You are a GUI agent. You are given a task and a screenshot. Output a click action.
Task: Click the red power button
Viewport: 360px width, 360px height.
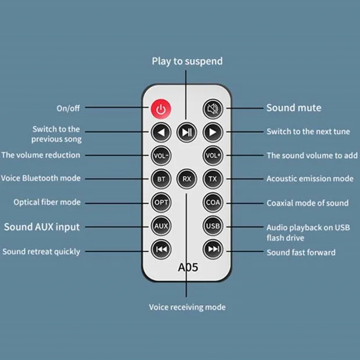coord(161,109)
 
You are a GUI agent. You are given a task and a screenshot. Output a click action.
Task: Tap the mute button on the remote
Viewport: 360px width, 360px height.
coord(213,109)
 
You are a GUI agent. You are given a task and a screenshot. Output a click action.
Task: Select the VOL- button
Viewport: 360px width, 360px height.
coord(161,156)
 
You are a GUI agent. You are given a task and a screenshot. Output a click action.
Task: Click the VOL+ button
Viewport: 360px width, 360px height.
coord(213,156)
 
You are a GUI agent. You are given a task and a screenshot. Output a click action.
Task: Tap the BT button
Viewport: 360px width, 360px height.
coord(161,179)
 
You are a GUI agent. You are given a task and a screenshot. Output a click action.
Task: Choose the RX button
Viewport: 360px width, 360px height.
coord(186,179)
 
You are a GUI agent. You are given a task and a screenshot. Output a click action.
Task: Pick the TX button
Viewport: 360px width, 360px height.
coord(213,179)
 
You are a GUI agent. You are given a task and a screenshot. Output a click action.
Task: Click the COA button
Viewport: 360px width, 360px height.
coord(213,203)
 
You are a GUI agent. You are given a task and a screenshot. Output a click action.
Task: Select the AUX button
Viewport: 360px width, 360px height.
coord(161,226)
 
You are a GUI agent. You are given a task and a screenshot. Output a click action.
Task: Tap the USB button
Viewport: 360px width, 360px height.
coord(213,226)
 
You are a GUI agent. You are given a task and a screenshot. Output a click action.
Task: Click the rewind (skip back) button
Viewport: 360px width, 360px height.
coord(161,250)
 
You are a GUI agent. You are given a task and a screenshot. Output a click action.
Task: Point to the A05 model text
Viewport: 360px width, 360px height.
coord(187,268)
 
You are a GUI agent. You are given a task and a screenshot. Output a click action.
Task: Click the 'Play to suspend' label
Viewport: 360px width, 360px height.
coord(187,61)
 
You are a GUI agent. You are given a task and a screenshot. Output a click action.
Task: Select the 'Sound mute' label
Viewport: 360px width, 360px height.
coord(293,108)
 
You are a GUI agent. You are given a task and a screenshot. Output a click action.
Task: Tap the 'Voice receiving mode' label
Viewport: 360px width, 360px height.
coord(187,307)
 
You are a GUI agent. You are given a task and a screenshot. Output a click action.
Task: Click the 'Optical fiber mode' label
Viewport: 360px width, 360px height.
coord(47,203)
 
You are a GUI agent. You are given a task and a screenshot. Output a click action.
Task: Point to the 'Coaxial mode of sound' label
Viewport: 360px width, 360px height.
coord(307,203)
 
